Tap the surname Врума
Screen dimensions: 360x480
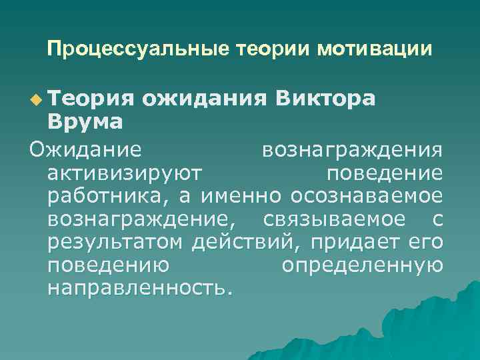[x=85, y=122]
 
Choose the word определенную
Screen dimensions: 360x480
[x=362, y=265]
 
